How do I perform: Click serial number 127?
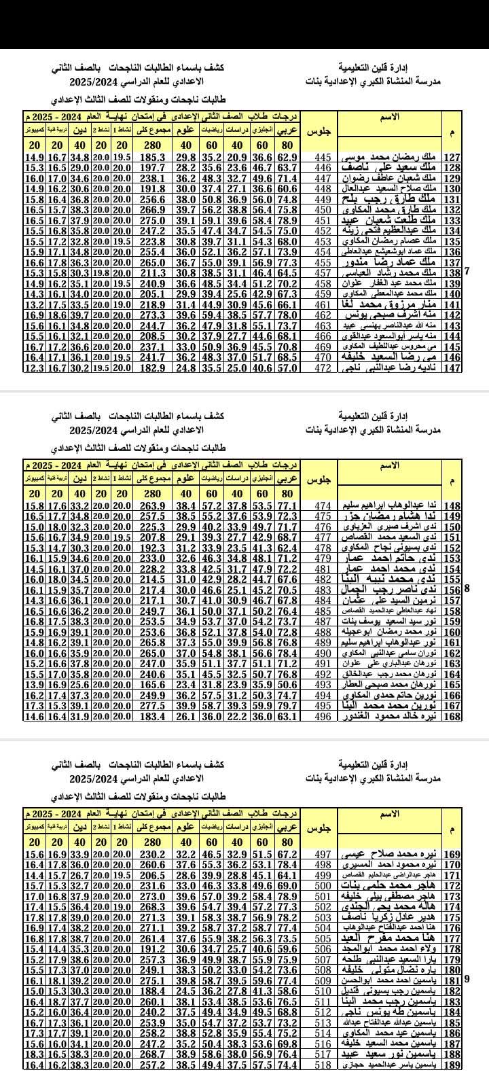pyautogui.click(x=452, y=157)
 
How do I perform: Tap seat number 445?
pyautogui.click(x=324, y=157)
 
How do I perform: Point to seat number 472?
pyautogui.click(x=324, y=368)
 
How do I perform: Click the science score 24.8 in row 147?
pyautogui.click(x=185, y=368)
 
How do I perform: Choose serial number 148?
pyautogui.click(x=452, y=505)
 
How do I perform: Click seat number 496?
pyautogui.click(x=324, y=716)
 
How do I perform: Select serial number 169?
pyautogui.click(x=452, y=854)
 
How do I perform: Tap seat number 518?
pyautogui.click(x=324, y=1065)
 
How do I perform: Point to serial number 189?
pyautogui.click(x=452, y=1065)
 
